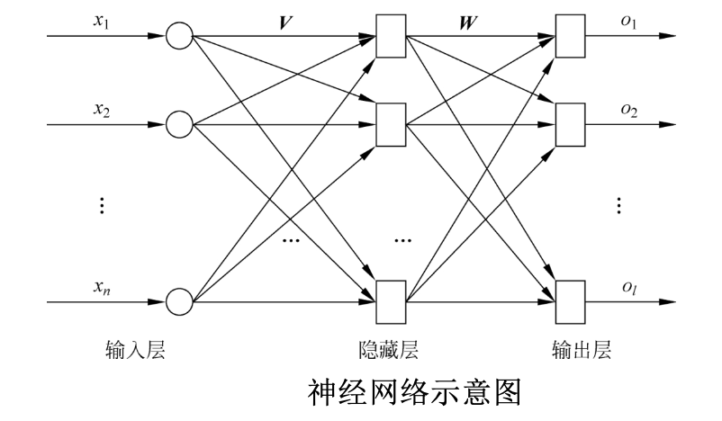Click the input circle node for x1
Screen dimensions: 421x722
(x=179, y=37)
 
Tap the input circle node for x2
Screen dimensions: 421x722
(x=179, y=123)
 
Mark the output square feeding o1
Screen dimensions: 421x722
(x=571, y=37)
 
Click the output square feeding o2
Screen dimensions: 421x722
(x=571, y=123)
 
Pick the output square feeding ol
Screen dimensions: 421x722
(x=571, y=298)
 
